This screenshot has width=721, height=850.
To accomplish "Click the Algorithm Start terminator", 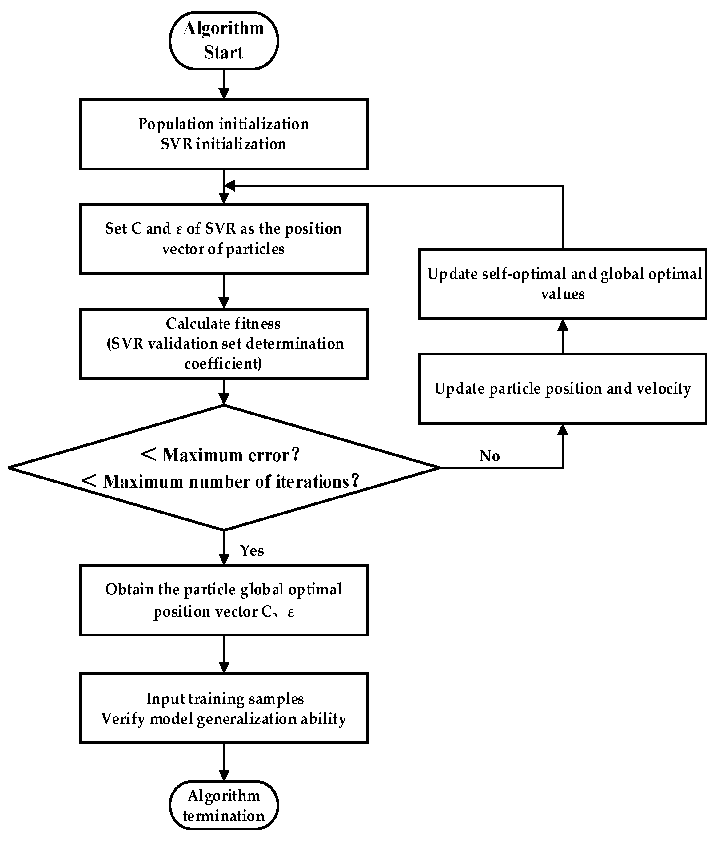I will (224, 41).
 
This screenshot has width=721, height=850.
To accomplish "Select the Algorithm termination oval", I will (224, 805).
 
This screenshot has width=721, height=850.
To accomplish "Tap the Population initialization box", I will (224, 134).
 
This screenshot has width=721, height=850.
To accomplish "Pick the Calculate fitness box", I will (224, 344).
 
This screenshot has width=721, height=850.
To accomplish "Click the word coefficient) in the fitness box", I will (223, 363).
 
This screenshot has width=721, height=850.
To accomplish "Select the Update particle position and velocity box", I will (562, 389).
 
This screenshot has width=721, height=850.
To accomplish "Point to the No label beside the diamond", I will (489, 456).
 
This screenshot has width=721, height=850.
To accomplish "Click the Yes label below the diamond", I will (252, 550).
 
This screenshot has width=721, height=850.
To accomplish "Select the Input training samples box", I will (224, 708).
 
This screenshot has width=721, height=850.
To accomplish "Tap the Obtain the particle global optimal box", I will (224, 600).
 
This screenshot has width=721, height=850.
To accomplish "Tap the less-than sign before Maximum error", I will (148, 455).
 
